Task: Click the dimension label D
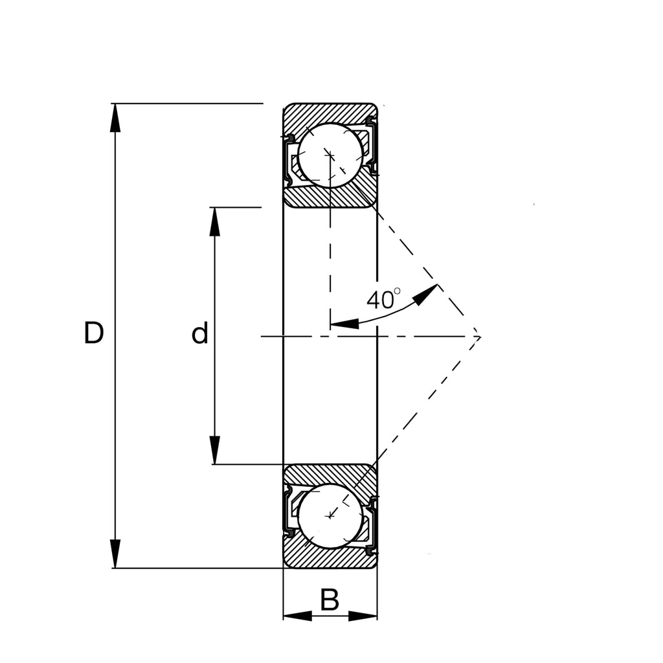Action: click(94, 333)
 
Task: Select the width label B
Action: click(330, 601)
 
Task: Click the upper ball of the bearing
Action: click(330, 155)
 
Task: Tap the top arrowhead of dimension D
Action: click(115, 117)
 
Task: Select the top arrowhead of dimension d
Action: click(215, 221)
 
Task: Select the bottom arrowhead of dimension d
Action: click(215, 451)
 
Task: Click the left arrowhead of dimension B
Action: click(297, 616)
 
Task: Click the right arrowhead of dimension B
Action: click(363, 616)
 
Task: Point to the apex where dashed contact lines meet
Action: click(480, 336)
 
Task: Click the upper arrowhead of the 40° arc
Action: click(426, 294)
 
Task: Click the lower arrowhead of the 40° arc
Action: click(344, 322)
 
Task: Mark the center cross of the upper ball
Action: click(330, 155)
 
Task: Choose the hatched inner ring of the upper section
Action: click(330, 198)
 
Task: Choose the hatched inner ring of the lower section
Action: click(330, 473)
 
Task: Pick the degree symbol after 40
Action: click(397, 292)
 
